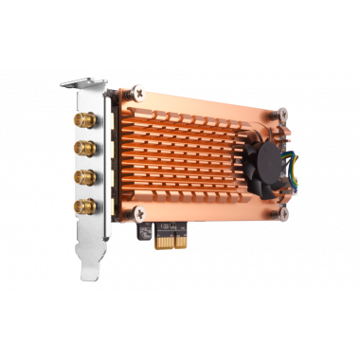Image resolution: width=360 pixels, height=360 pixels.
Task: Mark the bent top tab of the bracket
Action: click(82, 84)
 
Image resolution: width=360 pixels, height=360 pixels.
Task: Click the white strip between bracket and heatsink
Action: click(112, 161)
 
